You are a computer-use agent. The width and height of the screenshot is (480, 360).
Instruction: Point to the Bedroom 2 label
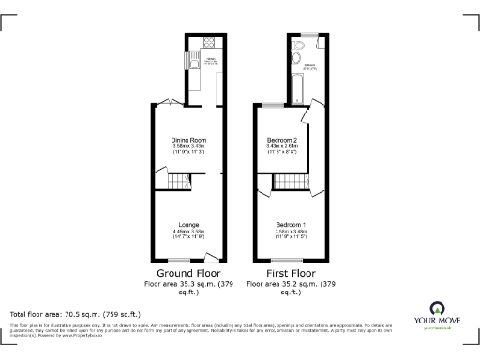[x=282, y=140]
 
